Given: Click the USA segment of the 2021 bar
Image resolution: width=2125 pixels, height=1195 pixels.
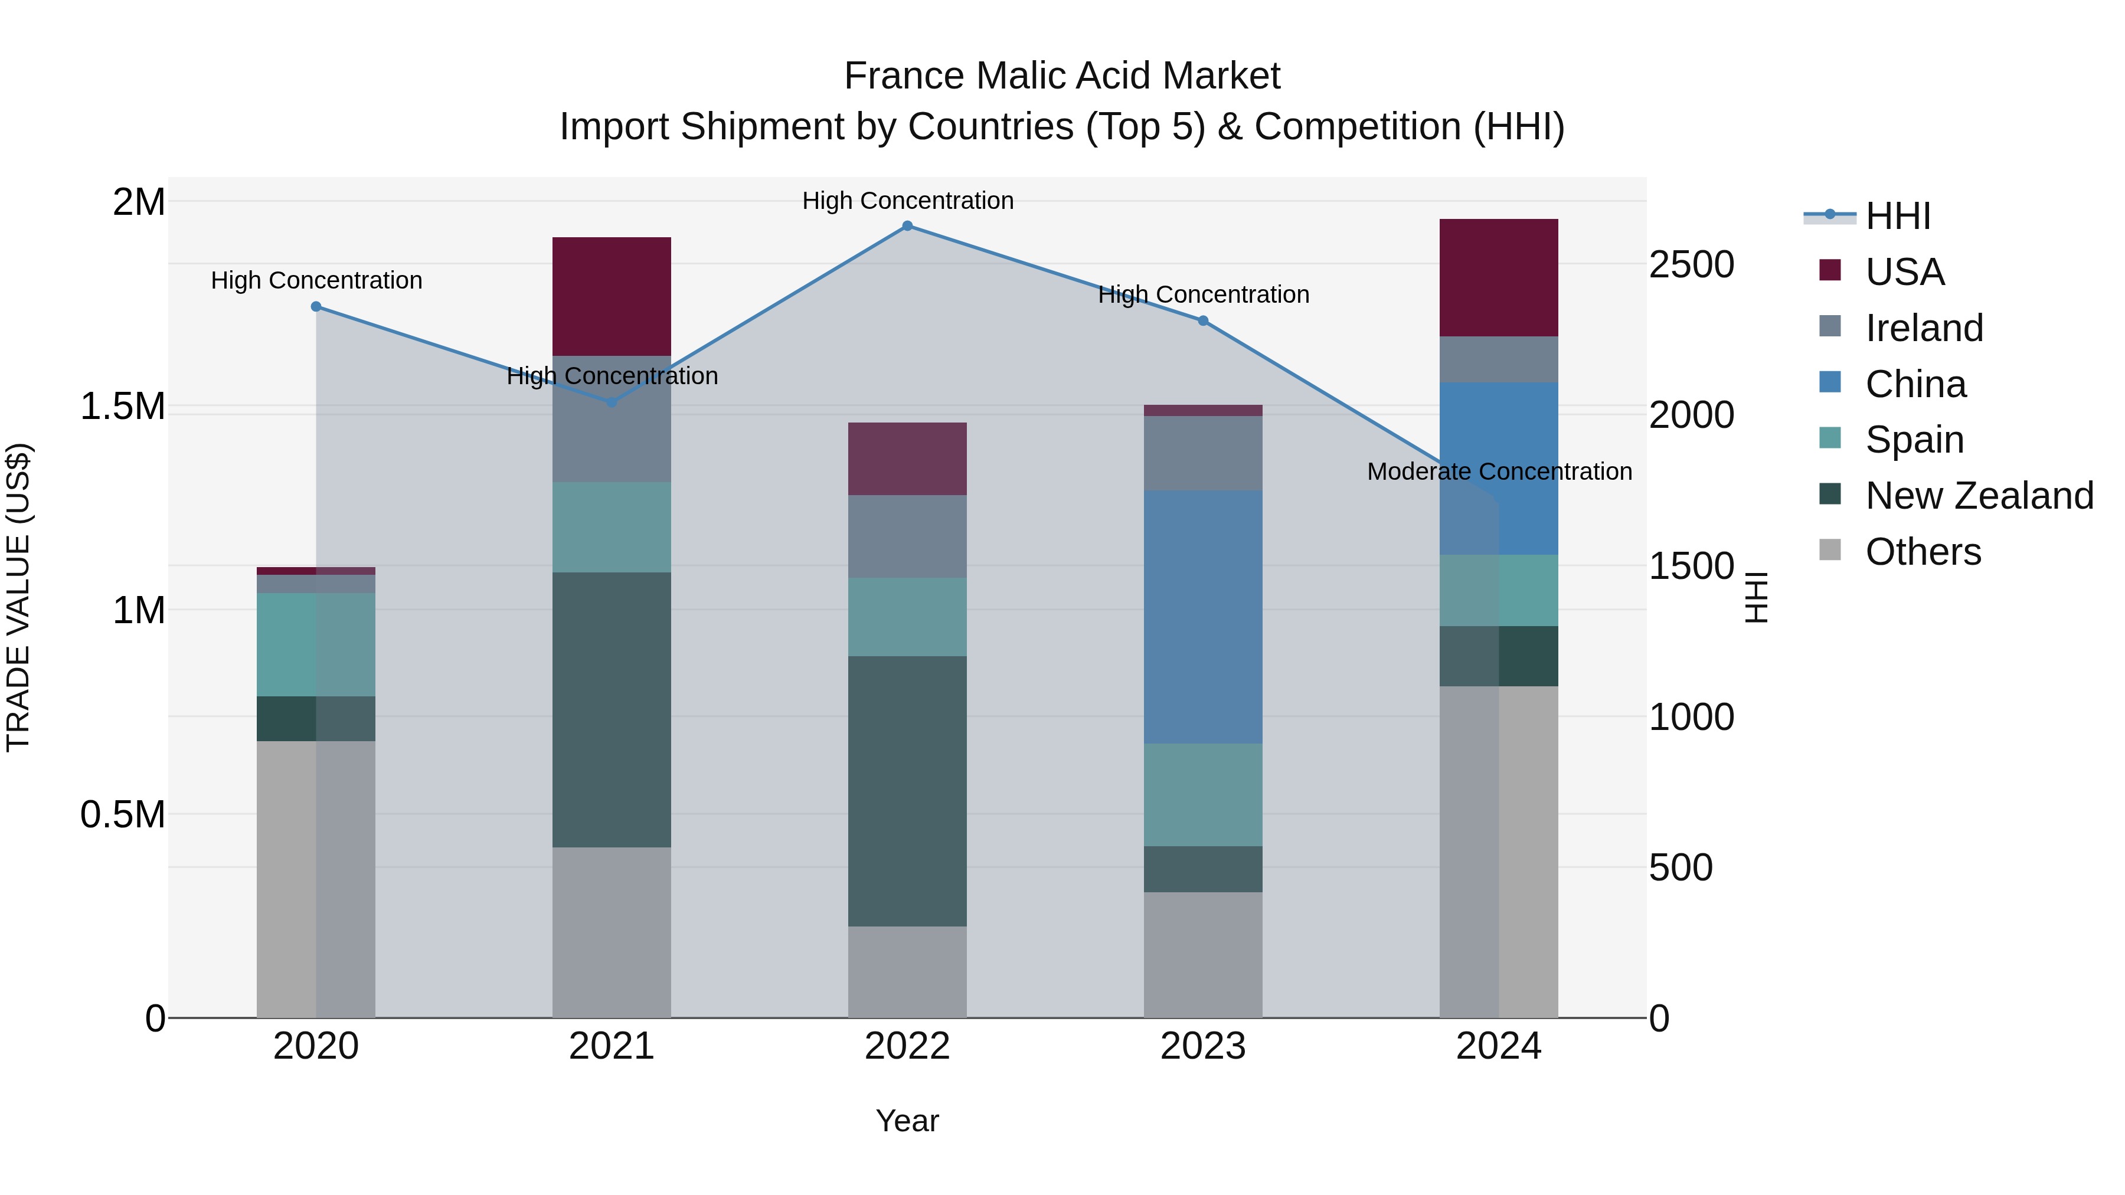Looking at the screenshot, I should click(x=612, y=296).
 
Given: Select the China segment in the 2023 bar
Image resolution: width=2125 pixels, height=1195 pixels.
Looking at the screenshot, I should click(x=1203, y=617).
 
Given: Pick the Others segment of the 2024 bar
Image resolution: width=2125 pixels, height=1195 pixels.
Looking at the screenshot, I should click(x=1499, y=851).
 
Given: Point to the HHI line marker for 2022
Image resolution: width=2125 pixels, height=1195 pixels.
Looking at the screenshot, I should click(x=907, y=226).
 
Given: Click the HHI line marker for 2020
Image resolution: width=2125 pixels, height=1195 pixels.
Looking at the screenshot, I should click(x=316, y=307).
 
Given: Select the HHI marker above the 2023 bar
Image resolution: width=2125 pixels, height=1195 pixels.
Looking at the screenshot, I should click(x=1203, y=321).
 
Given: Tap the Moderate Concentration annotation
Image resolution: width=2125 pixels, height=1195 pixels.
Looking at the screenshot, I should click(x=1499, y=472).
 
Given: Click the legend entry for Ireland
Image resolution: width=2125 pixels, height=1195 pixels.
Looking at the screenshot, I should click(x=1923, y=328).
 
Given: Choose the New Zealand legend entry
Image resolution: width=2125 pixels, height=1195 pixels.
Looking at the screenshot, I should click(x=1978, y=496).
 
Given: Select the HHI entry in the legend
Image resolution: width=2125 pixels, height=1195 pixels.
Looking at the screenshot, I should click(x=1897, y=216).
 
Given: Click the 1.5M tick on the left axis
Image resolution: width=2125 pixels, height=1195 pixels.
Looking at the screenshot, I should click(x=122, y=407).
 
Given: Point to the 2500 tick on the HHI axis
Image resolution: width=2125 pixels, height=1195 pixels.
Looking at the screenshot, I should click(x=1691, y=265).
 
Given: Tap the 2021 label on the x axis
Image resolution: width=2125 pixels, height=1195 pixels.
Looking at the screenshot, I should click(x=612, y=1046).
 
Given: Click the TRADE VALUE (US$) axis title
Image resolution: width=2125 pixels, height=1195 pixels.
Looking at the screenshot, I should click(x=19, y=597).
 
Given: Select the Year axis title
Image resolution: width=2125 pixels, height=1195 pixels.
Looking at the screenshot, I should click(x=907, y=1121).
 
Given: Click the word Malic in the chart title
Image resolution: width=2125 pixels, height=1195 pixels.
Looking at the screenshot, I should click(x=1033, y=76).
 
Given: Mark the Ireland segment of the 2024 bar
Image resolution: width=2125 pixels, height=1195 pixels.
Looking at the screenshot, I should click(x=1499, y=359).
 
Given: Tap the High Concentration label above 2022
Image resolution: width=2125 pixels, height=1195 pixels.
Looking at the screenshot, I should click(x=907, y=201).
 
